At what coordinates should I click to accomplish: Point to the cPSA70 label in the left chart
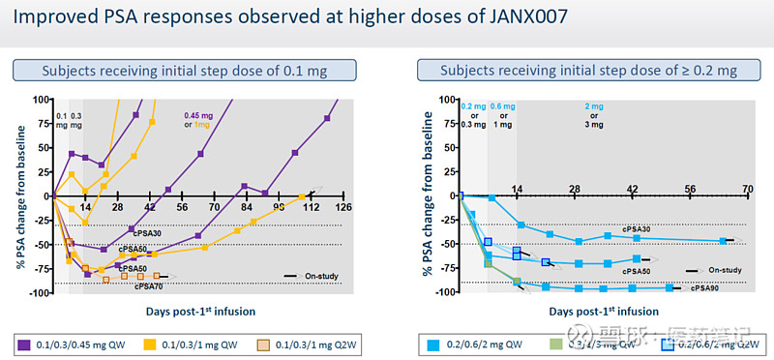coord(148,286)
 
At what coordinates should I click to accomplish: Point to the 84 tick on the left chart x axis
coord(246,207)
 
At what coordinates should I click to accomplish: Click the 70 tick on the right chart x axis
coord(747,188)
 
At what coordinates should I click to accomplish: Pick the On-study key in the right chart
coord(716,270)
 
